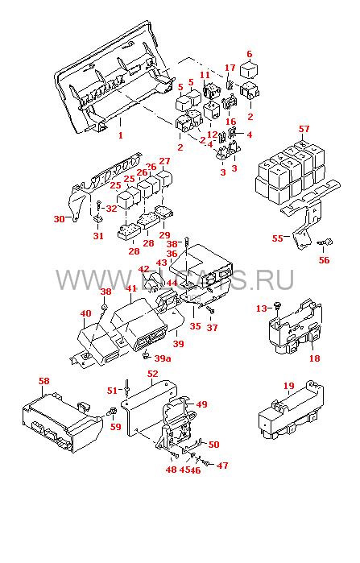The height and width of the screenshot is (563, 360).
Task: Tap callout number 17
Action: [230, 68]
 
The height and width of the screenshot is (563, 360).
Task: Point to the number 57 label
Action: [304, 130]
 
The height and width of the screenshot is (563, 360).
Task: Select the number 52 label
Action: [152, 374]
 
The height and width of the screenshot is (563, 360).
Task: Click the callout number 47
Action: [222, 466]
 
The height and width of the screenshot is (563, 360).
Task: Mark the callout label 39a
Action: [163, 358]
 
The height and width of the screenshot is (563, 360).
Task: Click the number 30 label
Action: [58, 219]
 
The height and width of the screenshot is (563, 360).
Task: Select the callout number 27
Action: [164, 162]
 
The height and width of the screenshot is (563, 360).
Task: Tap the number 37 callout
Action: [213, 327]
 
